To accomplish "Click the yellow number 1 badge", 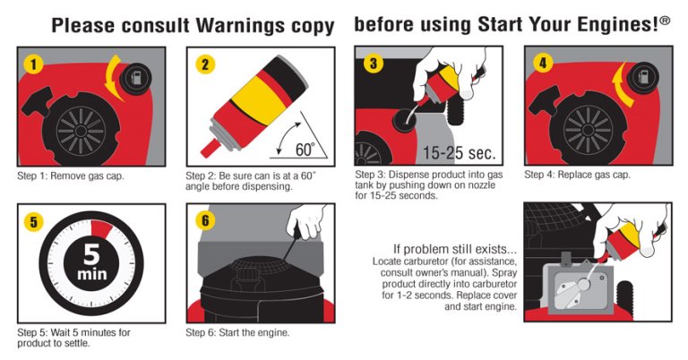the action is [33, 65].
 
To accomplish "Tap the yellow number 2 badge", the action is [204, 65].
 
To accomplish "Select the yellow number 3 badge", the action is [373, 64].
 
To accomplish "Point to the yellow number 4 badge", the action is [542, 64].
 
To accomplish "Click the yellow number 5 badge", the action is [33, 222].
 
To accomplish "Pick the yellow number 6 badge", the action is [204, 220].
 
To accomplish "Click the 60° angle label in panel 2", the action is [305, 150].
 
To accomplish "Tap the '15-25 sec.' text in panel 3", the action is [459, 152].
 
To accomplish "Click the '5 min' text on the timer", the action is [91, 262].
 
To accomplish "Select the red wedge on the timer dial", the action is [101, 229].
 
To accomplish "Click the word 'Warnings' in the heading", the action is [239, 25].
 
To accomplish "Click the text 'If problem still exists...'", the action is [454, 249].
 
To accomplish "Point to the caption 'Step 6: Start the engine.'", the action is [237, 332].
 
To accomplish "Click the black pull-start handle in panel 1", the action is [38, 104].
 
